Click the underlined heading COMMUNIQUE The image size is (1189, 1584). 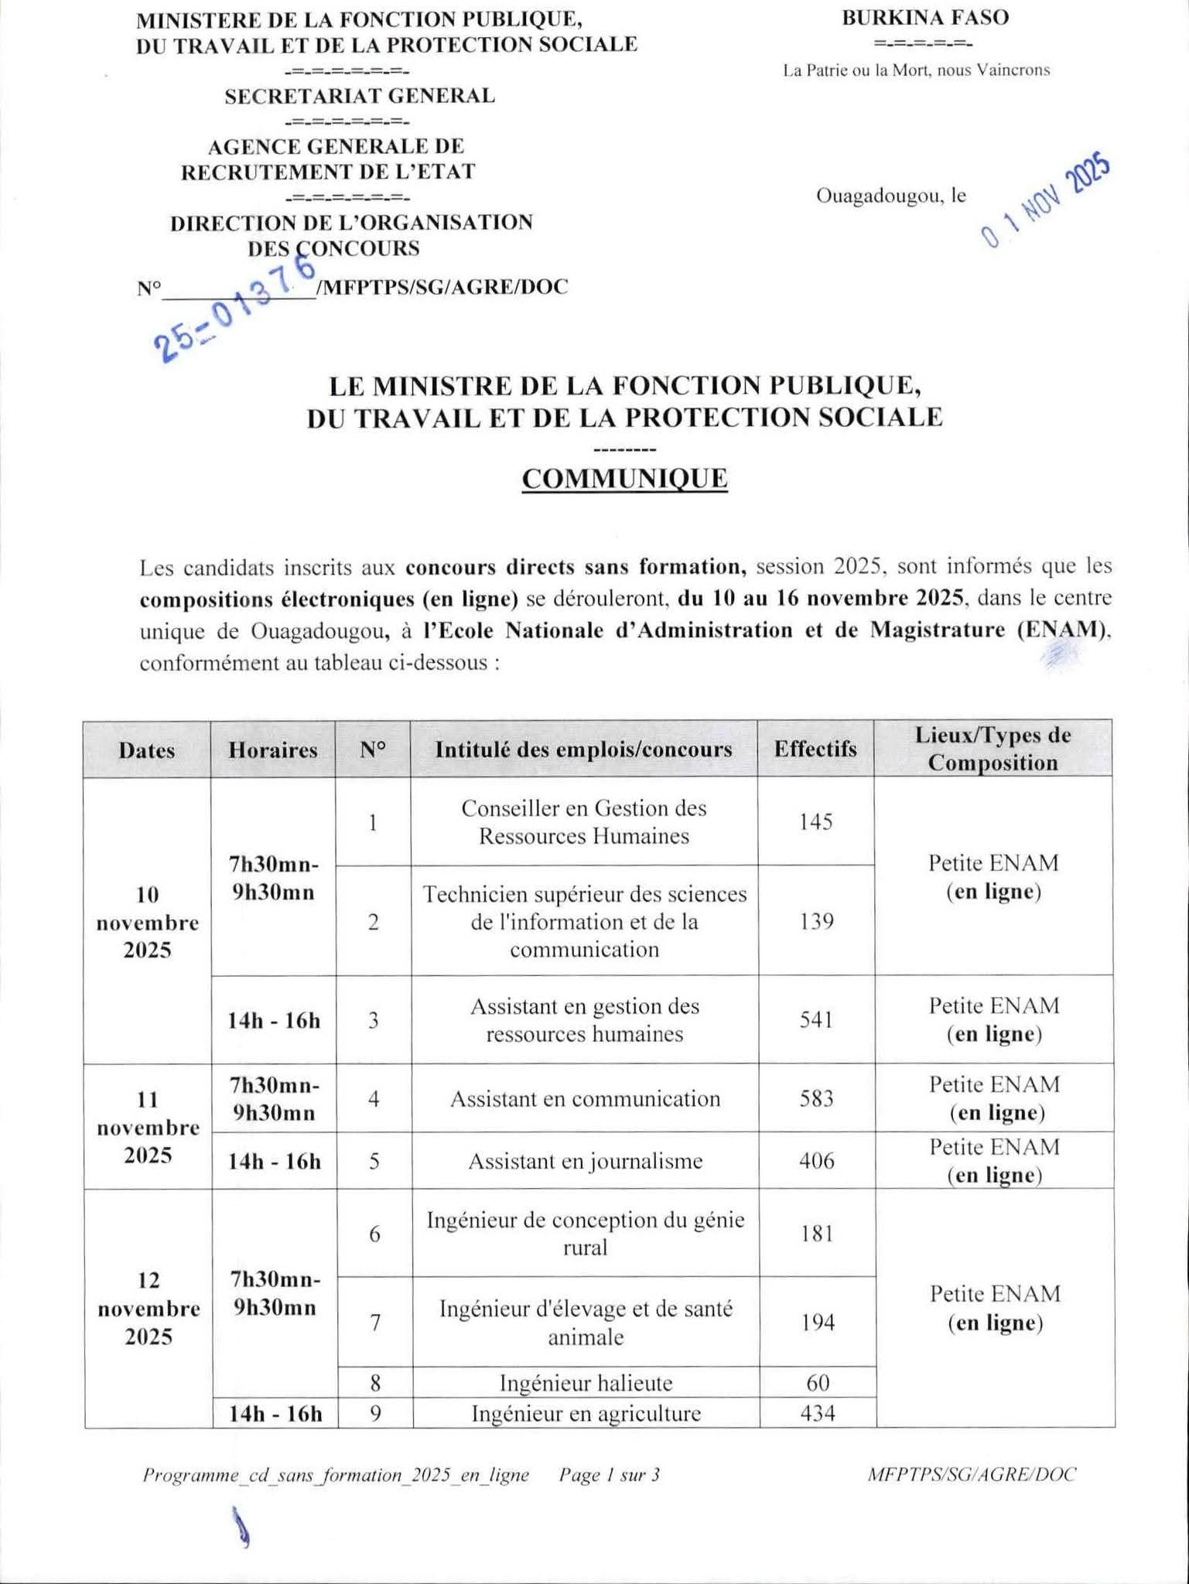[x=624, y=479]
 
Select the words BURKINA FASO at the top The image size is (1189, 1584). [x=925, y=18]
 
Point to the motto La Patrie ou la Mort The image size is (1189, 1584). [x=916, y=70]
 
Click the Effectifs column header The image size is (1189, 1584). [x=815, y=749]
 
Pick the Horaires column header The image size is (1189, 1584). [x=272, y=749]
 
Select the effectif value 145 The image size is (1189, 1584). [x=815, y=821]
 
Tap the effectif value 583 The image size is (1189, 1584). [x=816, y=1098]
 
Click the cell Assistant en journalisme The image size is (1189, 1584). [x=585, y=1161]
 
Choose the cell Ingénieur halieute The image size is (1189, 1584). [x=586, y=1382]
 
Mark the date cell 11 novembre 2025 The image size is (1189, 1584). [x=147, y=1127]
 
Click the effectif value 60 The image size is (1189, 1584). [x=817, y=1382]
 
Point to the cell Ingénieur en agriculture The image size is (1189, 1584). [x=586, y=1413]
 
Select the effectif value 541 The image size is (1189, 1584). [x=816, y=1019]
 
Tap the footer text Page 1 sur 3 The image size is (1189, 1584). [x=609, y=1475]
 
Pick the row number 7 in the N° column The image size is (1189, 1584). [x=374, y=1323]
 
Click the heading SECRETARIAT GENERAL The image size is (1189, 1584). [x=360, y=96]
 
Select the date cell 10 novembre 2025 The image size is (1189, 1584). [x=147, y=922]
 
